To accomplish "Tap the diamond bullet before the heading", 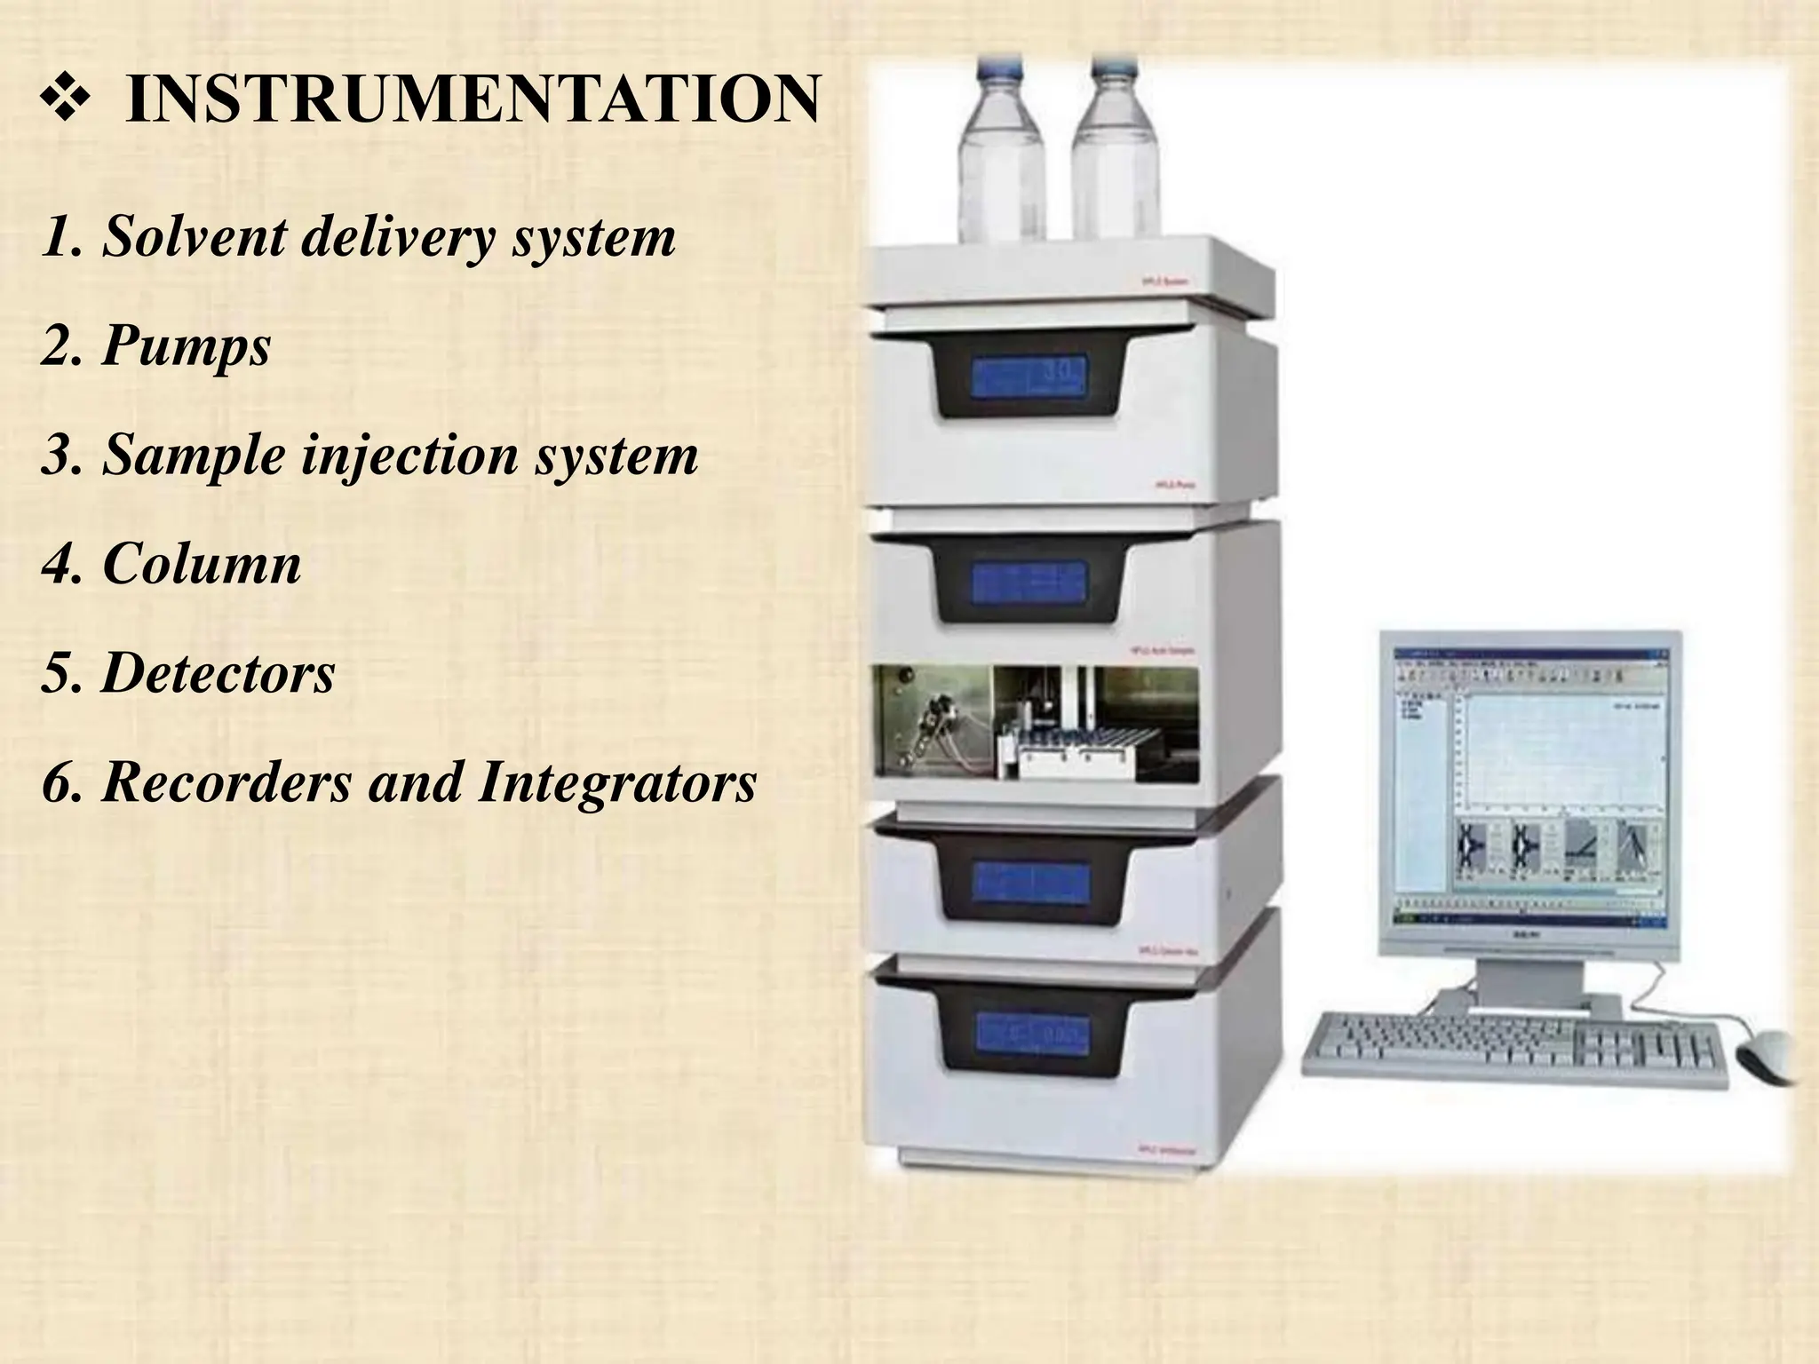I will [x=66, y=100].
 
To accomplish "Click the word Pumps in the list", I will [x=187, y=346].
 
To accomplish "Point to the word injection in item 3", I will [x=410, y=456].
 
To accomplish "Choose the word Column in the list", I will [x=202, y=564].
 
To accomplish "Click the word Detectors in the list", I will [x=218, y=673].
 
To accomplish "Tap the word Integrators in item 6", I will [x=617, y=782].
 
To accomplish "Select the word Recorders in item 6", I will [x=226, y=782].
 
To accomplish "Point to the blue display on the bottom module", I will [x=1033, y=1033].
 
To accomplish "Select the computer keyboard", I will [x=1514, y=1051].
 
